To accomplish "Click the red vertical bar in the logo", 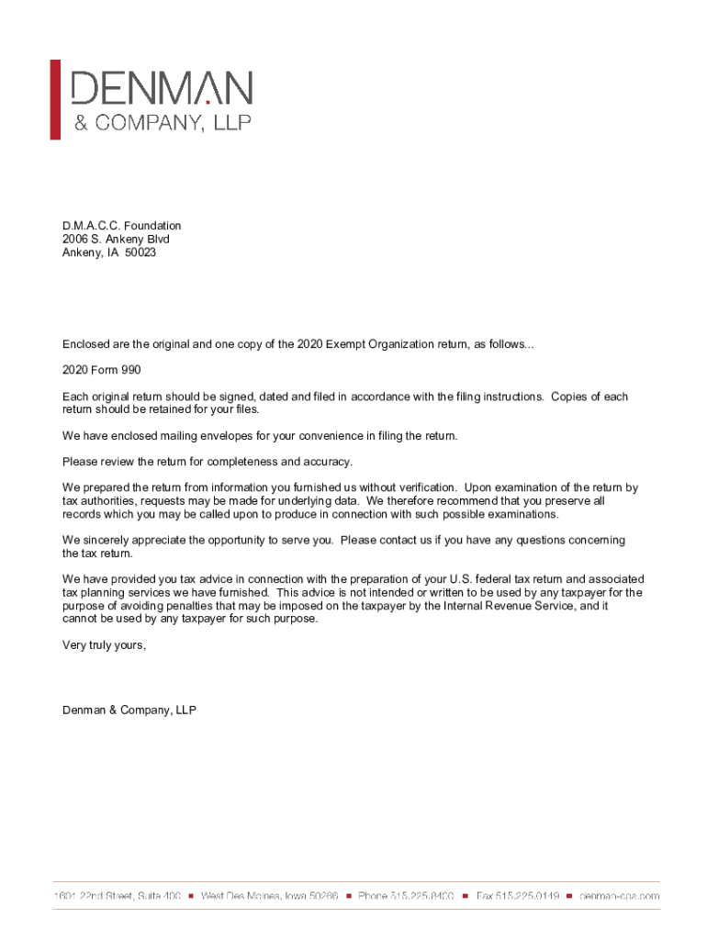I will (55, 99).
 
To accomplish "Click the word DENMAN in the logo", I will (162, 89).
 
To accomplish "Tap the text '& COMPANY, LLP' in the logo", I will (162, 123).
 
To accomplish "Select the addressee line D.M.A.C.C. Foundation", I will (121, 226).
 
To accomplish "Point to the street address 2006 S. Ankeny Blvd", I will (116, 239).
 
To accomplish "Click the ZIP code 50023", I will (140, 252).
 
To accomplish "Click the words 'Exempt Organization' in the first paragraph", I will (378, 344).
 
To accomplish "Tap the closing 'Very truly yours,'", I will (104, 644).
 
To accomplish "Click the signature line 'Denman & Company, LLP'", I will (129, 710).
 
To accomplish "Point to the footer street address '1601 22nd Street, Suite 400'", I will (117, 895).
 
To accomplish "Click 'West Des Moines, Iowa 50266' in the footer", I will (270, 895).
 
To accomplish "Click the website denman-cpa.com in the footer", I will (619, 895).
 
